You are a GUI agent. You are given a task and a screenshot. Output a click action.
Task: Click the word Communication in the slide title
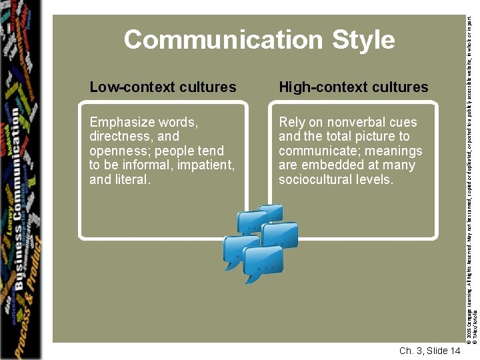pyautogui.click(x=223, y=40)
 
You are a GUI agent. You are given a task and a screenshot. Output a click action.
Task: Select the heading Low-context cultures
pyautogui.click(x=163, y=87)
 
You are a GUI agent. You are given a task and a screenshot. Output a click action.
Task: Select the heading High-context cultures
pyautogui.click(x=353, y=87)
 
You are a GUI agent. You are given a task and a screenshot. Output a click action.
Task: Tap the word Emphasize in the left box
pyautogui.click(x=121, y=123)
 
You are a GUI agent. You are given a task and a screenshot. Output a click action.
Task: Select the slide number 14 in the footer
pyautogui.click(x=453, y=351)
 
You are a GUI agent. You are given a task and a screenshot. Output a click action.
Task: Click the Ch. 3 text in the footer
pyautogui.click(x=409, y=351)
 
